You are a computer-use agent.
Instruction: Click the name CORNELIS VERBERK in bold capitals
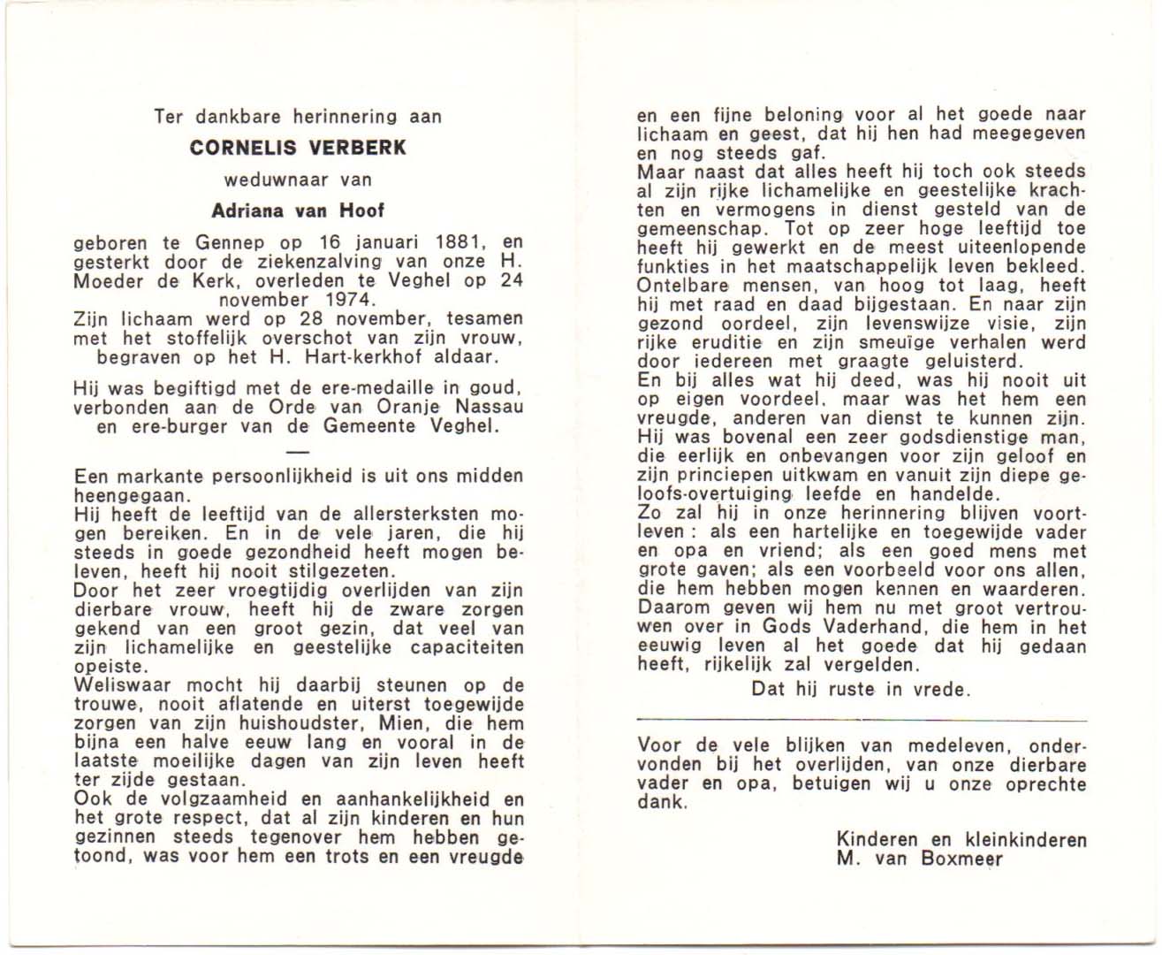[x=298, y=148]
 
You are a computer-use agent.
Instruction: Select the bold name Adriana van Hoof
[x=298, y=210]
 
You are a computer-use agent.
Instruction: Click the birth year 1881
[x=459, y=242]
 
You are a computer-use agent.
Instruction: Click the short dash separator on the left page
[x=299, y=452]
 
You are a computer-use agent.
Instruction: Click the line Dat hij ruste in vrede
[x=861, y=689]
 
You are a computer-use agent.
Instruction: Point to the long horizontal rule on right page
[x=862, y=722]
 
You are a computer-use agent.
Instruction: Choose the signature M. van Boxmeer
[x=919, y=859]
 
